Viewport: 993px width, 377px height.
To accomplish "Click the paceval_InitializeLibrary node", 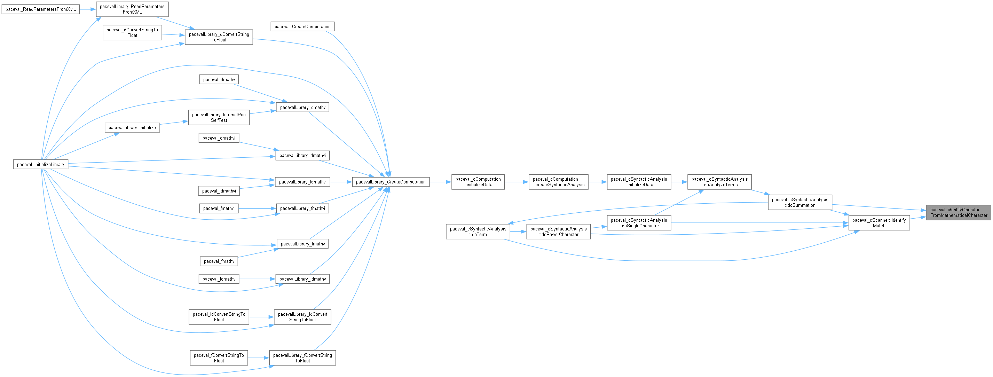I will click(40, 165).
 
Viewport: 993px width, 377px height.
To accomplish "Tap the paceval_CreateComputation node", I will click(302, 26).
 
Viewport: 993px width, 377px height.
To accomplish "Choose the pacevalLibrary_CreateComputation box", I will click(391, 182).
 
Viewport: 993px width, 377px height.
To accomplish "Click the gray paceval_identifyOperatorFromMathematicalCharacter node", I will click(958, 212).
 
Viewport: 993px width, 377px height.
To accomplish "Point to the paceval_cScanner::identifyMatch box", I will click(879, 223).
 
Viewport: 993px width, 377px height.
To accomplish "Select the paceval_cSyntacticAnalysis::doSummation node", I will click(800, 202).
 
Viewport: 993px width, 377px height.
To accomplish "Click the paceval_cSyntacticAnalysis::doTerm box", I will click(478, 232).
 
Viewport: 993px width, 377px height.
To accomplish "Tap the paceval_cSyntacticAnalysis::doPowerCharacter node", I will click(558, 232).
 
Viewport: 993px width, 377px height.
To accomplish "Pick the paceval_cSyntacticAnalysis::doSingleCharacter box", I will click(639, 223).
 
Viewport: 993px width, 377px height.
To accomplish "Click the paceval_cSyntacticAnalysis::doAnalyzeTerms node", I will click(719, 182).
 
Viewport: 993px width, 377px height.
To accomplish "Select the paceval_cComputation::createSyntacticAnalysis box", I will click(558, 182).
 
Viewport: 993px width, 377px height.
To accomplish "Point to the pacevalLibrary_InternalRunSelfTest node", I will click(219, 118).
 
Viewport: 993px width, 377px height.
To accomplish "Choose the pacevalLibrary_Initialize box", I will click(132, 128).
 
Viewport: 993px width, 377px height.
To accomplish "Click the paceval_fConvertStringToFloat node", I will click(219, 358).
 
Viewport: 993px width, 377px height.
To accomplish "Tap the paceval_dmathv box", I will click(219, 79).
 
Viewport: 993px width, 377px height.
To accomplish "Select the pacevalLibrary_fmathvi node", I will click(302, 209).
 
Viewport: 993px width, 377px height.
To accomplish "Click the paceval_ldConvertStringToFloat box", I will click(219, 317).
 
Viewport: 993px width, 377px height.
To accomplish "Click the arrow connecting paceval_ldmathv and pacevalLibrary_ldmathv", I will click(257, 279).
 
